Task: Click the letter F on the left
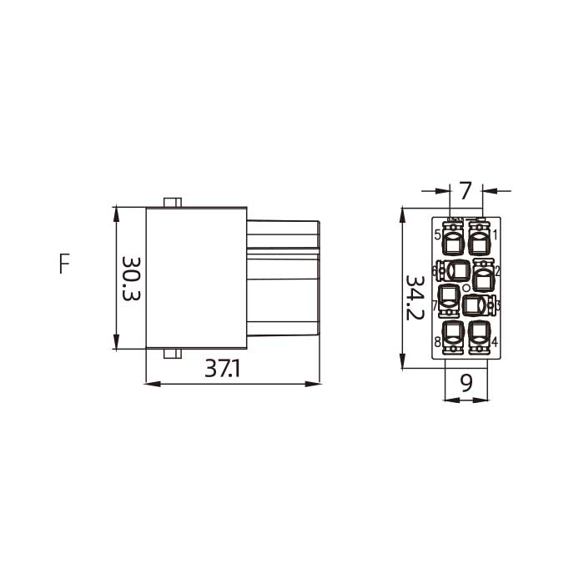(x=64, y=264)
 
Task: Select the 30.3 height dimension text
(x=131, y=278)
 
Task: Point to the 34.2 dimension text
(x=415, y=296)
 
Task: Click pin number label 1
(x=495, y=234)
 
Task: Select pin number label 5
(x=438, y=234)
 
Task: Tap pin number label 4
(x=495, y=342)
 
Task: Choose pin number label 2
(x=497, y=270)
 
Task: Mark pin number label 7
(x=435, y=305)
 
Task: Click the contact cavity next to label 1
(x=480, y=243)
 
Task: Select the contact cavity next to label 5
(x=453, y=243)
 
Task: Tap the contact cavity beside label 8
(x=453, y=335)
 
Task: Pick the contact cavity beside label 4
(x=480, y=335)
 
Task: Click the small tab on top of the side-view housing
(x=173, y=202)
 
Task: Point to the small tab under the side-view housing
(x=173, y=355)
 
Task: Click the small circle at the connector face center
(x=466, y=288)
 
